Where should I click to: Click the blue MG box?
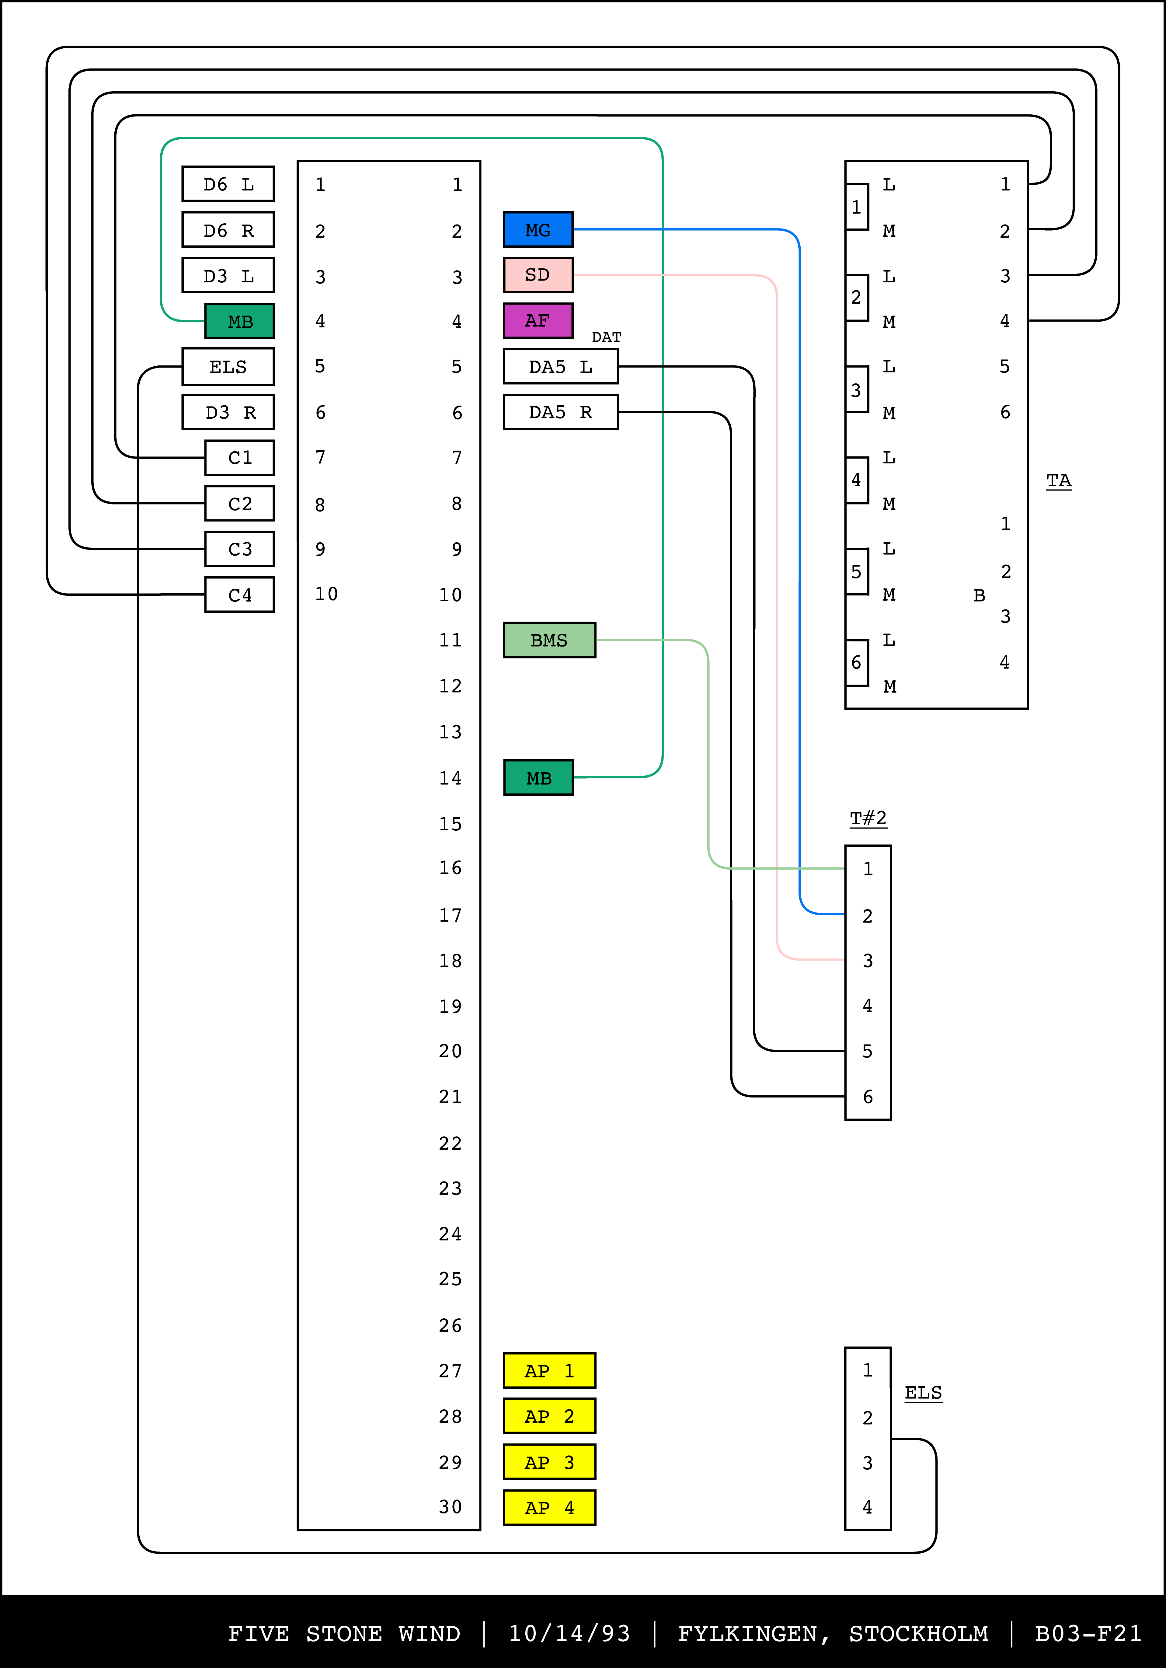pyautogui.click(x=538, y=229)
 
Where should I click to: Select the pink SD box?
pyautogui.click(x=538, y=275)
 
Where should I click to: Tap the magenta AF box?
pyautogui.click(x=538, y=320)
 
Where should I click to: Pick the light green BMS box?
pyautogui.click(x=549, y=640)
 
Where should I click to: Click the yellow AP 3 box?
pyautogui.click(x=549, y=1462)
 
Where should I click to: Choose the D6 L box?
pyautogui.click(x=228, y=184)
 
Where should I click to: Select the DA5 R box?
pyautogui.click(x=561, y=412)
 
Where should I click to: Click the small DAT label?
pyautogui.click(x=607, y=337)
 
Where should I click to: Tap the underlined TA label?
pyautogui.click(x=1059, y=480)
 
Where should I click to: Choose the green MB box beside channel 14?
pyautogui.click(x=538, y=778)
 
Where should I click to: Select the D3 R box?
pyautogui.click(x=228, y=412)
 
